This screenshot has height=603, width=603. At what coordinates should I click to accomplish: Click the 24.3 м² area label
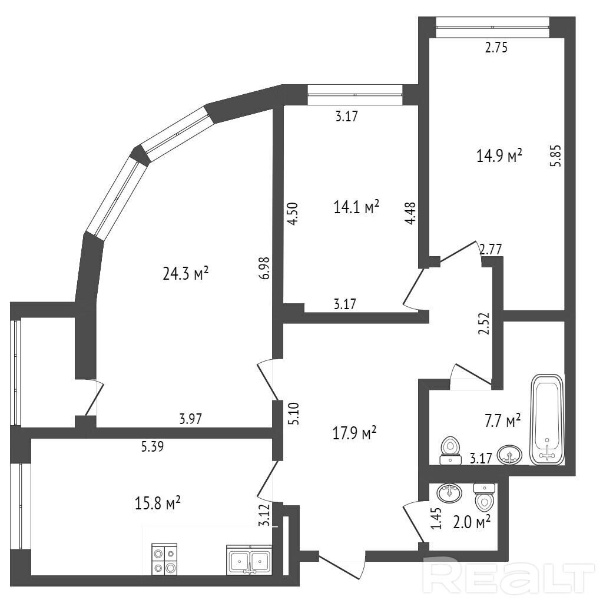coord(185,274)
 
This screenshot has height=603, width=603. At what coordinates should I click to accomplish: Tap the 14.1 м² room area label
coord(356,208)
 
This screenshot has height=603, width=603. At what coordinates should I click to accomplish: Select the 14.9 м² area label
coord(499,155)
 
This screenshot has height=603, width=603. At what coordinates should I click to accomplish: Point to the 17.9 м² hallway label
coord(354,433)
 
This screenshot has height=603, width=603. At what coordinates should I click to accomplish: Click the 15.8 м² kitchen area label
coord(158,503)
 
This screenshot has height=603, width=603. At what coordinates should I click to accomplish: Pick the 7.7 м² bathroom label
coord(503,421)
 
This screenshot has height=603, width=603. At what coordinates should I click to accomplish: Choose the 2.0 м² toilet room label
coord(472,522)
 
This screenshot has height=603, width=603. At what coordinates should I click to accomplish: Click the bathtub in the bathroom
coord(547,419)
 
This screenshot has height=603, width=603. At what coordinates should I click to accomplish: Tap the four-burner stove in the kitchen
coord(165,559)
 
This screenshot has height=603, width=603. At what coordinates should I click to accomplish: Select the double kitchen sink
coord(250,559)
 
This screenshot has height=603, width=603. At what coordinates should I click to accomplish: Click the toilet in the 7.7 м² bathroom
coord(450,450)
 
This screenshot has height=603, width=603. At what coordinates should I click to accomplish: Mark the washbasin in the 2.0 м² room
coord(449,493)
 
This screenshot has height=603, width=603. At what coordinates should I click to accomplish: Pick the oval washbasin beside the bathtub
coord(509,455)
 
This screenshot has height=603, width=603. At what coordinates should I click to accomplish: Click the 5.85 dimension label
coord(556,155)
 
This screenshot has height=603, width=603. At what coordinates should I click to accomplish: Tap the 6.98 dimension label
coord(264,268)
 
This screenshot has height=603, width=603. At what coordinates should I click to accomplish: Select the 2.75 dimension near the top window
coord(496,47)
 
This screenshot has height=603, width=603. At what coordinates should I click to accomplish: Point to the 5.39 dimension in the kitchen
coord(153,446)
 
